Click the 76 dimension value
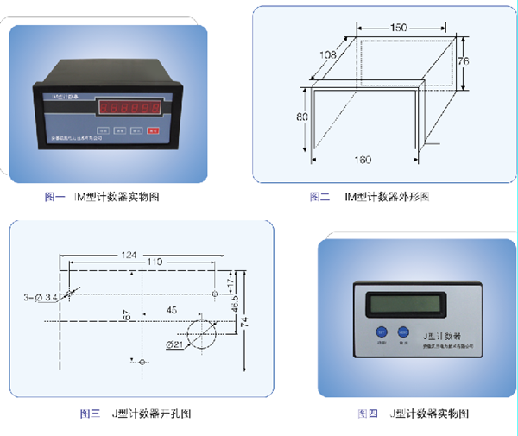(x=463, y=62)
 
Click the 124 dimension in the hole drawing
(x=129, y=255)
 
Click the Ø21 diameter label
(x=175, y=345)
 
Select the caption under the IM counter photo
(x=103, y=198)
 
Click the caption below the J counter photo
(x=414, y=414)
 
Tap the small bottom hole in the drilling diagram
(x=142, y=363)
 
